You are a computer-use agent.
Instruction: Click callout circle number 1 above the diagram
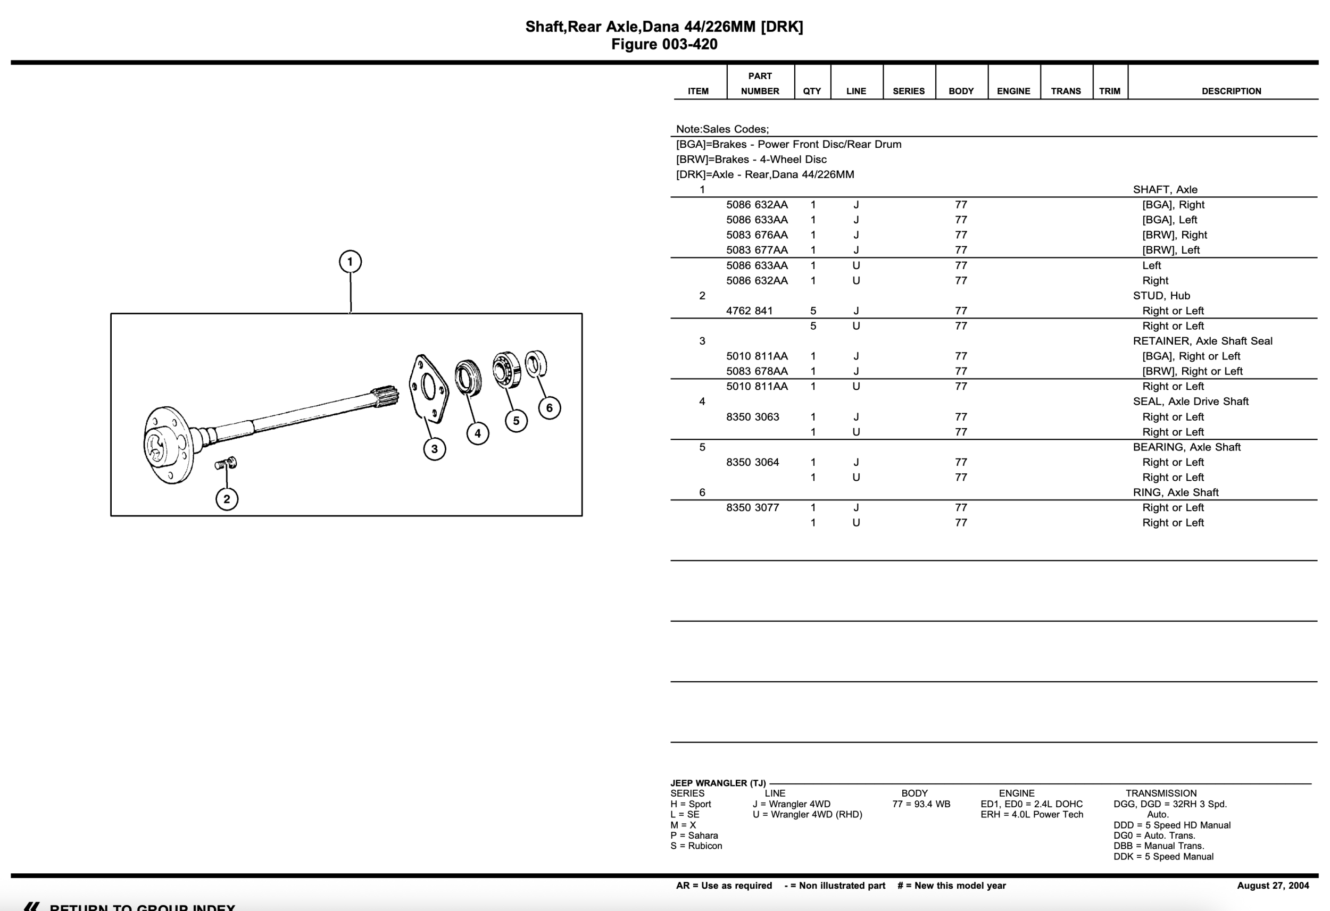pos(350,262)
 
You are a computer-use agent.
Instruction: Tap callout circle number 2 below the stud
pos(227,499)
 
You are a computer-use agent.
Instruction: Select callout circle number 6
pos(550,408)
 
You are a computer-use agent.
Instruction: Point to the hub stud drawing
pos(226,463)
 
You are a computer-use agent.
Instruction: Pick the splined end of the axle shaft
pos(385,397)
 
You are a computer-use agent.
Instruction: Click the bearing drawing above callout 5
pos(506,370)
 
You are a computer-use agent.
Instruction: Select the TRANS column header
pos(1066,91)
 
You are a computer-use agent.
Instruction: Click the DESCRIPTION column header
pos(1231,91)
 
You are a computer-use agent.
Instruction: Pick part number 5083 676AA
pos(757,235)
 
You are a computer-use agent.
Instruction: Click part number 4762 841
pos(749,311)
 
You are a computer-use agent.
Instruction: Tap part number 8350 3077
pos(753,507)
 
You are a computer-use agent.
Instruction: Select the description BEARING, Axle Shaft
pos(1186,447)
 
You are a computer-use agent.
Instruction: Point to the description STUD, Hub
pos(1161,296)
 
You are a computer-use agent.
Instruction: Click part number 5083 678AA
pos(757,371)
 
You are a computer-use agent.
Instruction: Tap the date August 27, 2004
pos(1273,885)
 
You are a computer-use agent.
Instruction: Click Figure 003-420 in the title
pos(664,45)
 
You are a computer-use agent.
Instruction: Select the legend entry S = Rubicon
pos(696,846)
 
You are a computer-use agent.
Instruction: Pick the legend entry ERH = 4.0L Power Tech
pos(1031,814)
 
